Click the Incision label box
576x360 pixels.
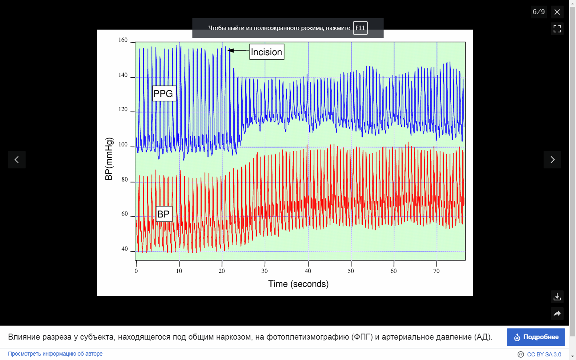tap(267, 52)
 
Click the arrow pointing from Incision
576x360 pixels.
tap(238, 50)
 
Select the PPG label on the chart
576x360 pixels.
tap(164, 94)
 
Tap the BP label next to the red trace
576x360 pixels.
tap(164, 214)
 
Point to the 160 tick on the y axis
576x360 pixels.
tap(123, 40)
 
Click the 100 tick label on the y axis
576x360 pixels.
tap(123, 144)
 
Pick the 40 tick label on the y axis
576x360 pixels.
tap(124, 249)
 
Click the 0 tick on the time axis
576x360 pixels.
tap(136, 271)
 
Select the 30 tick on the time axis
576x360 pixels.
tap(264, 271)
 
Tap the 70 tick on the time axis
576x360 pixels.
tap(436, 271)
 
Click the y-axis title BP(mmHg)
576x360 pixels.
tap(109, 159)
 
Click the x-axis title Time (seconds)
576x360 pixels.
tap(298, 284)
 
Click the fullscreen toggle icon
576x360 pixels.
tap(557, 29)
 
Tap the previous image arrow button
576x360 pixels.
tap(17, 160)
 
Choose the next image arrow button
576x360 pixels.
tap(552, 160)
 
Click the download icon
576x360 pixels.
tap(557, 297)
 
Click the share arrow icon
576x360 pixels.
tap(557, 314)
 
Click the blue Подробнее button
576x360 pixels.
tap(536, 337)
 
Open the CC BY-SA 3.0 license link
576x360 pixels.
tap(544, 354)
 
